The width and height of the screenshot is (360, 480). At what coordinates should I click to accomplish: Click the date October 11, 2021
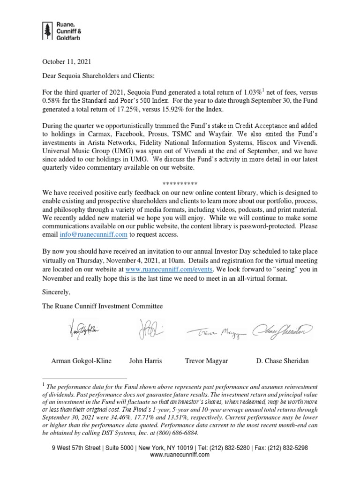[x=67, y=61]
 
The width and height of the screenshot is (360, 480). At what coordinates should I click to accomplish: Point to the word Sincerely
[x=56, y=292]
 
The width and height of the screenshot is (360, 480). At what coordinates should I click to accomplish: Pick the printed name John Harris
[x=145, y=361]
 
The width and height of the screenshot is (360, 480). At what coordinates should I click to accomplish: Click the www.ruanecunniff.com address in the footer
[x=180, y=455]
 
